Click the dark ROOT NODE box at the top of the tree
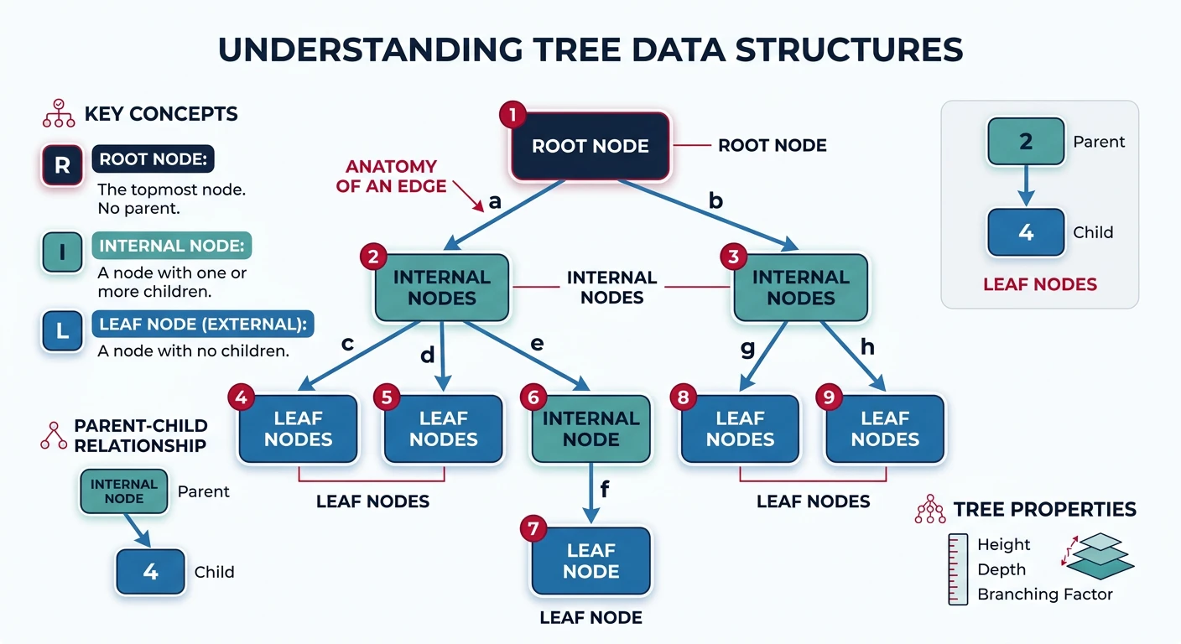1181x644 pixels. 590,146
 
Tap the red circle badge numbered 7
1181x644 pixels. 533,529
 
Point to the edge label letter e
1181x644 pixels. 537,344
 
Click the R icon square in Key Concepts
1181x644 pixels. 62,164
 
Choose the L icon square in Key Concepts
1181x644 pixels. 62,330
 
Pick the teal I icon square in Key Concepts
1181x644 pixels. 62,252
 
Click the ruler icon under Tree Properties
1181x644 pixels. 957,569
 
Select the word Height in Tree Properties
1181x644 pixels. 1003,545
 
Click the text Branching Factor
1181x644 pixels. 1044,595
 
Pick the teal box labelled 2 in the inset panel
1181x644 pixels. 1026,141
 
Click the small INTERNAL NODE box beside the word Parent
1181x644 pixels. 123,491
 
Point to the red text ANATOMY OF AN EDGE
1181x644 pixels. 392,176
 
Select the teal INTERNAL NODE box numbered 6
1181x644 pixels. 590,428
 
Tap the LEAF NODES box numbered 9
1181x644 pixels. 885,428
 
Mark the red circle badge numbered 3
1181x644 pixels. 734,257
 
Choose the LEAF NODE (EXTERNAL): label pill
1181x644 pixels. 201,325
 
